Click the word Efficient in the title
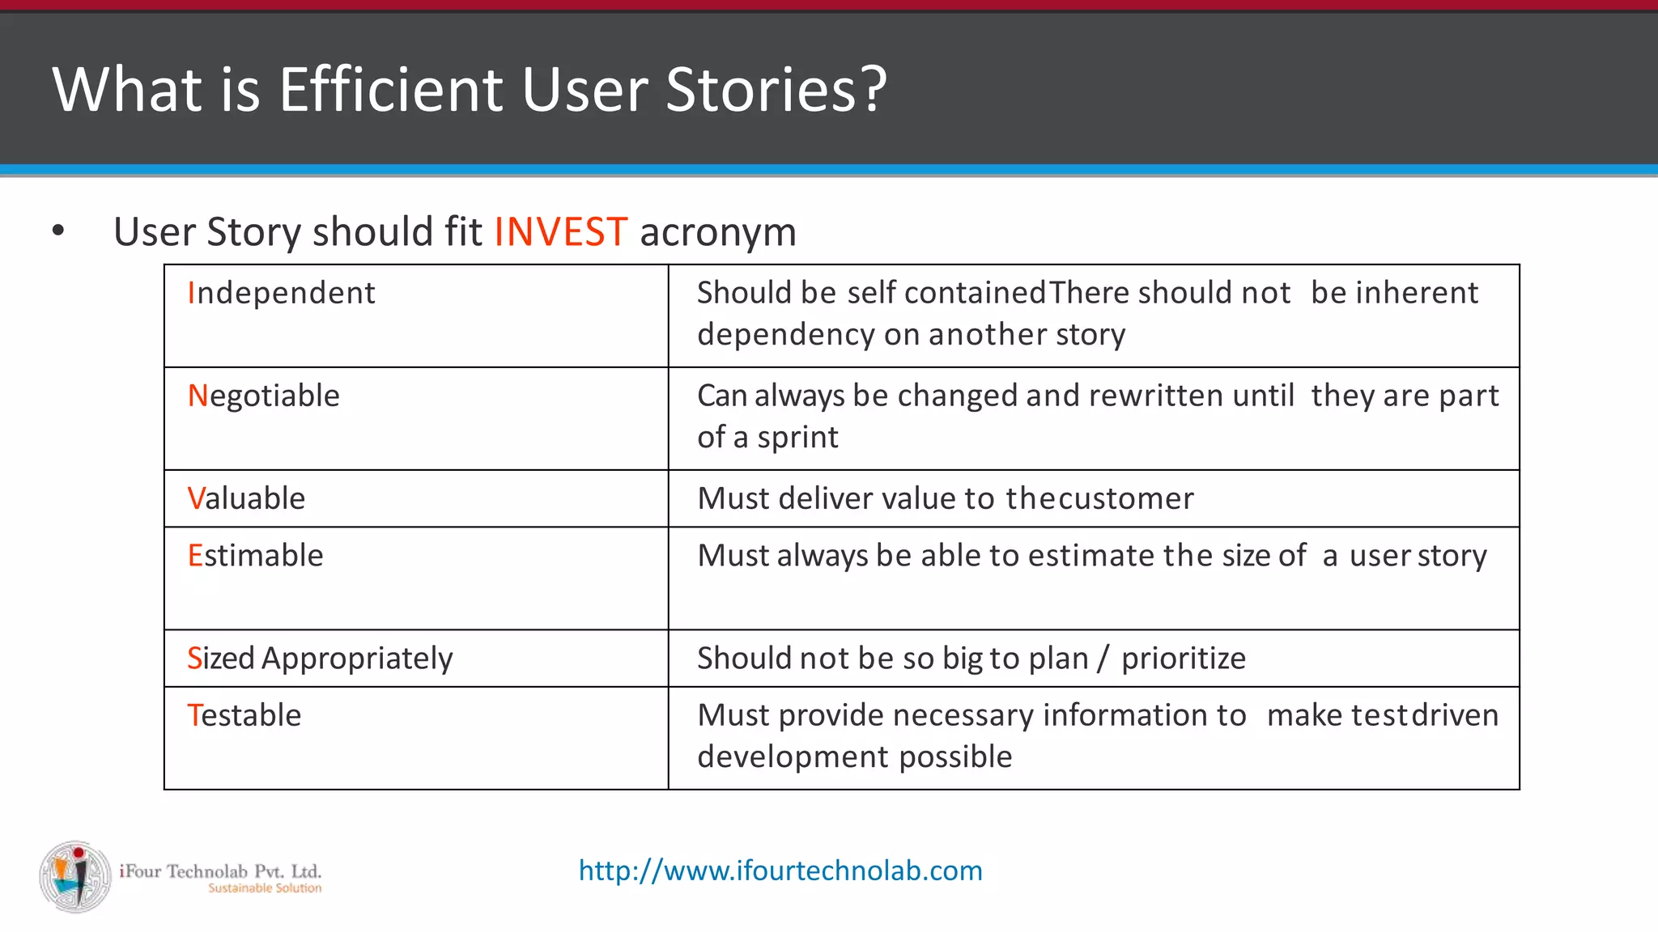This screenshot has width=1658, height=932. tap(390, 89)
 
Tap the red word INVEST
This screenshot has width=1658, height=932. tap(560, 232)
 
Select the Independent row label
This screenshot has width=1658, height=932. tap(281, 293)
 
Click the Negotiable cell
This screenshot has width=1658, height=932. tap(263, 396)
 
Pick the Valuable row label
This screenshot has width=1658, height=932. tap(246, 498)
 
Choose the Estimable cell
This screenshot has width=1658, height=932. tap(255, 556)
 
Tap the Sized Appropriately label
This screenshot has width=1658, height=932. tap(320, 659)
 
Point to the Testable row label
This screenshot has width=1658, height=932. tap(244, 715)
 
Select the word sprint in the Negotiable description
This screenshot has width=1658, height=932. tap(797, 438)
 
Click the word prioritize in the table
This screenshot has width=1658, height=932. tap(1183, 659)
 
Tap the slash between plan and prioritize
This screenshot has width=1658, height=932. tap(1103, 659)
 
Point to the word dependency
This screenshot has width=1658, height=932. tap(784, 335)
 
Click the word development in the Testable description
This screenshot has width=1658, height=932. tap(792, 757)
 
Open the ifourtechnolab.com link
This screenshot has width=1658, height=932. tap(780, 871)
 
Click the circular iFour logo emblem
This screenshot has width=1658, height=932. tap(75, 876)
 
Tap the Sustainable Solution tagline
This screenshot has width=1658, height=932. tap(265, 888)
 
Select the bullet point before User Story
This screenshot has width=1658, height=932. tap(57, 231)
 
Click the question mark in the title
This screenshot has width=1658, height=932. tap(873, 89)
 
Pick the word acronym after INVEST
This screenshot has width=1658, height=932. tap(717, 232)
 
